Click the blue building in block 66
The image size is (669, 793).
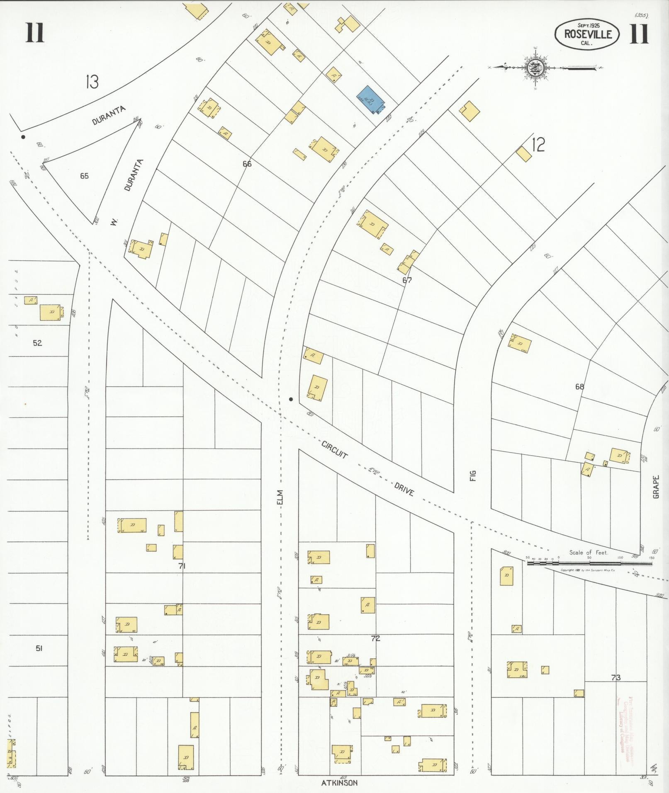pyautogui.click(x=371, y=100)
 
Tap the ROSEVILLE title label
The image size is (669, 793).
pyautogui.click(x=588, y=34)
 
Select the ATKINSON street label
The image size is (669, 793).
pyautogui.click(x=339, y=783)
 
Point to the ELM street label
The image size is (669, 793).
pyautogui.click(x=280, y=497)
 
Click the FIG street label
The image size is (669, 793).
pyautogui.click(x=473, y=475)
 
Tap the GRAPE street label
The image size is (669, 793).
pyautogui.click(x=656, y=486)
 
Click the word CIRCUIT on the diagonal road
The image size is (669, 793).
pyautogui.click(x=334, y=449)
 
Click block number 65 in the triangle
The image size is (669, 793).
pyautogui.click(x=84, y=176)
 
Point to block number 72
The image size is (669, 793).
pyautogui.click(x=375, y=638)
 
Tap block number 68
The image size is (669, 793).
pyautogui.click(x=579, y=387)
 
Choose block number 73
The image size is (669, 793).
pyautogui.click(x=615, y=678)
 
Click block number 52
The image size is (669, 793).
pyautogui.click(x=37, y=343)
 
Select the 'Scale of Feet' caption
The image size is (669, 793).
pyautogui.click(x=588, y=553)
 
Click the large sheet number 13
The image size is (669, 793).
pyautogui.click(x=92, y=82)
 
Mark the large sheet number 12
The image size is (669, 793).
pyautogui.click(x=538, y=145)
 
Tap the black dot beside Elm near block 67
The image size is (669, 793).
pyautogui.click(x=291, y=399)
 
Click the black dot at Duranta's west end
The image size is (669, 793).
pyautogui.click(x=23, y=137)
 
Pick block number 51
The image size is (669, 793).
pyautogui.click(x=39, y=648)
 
